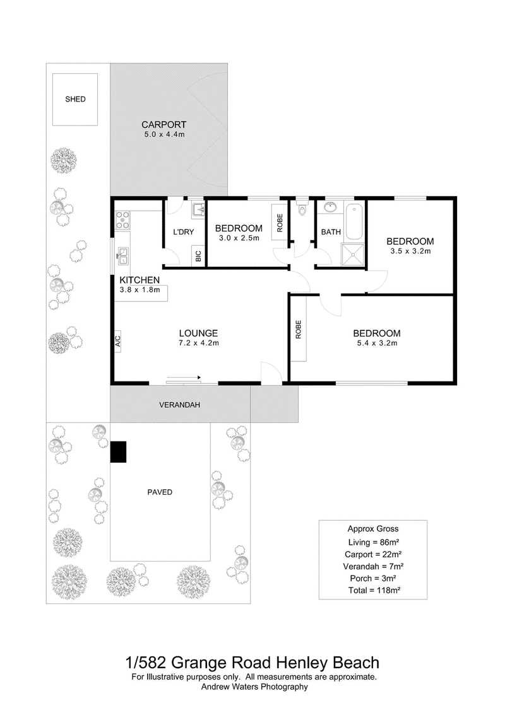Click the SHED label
click(x=75, y=99)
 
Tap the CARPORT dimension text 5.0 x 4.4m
click(x=164, y=135)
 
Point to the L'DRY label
click(x=184, y=232)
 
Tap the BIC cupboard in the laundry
click(x=198, y=257)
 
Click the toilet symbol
click(x=302, y=209)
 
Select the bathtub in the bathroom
click(x=354, y=221)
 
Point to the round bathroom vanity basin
click(x=330, y=208)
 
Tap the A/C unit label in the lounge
click(x=117, y=341)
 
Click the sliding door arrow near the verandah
click(x=184, y=378)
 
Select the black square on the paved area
click(x=119, y=452)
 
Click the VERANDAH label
click(x=179, y=405)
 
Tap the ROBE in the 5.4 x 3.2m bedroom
click(x=298, y=330)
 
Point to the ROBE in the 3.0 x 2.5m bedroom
click(x=280, y=223)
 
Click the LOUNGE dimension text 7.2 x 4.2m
click(x=199, y=343)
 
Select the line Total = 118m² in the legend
click(x=374, y=590)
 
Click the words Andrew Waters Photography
click(x=254, y=687)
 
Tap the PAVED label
click(x=160, y=492)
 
